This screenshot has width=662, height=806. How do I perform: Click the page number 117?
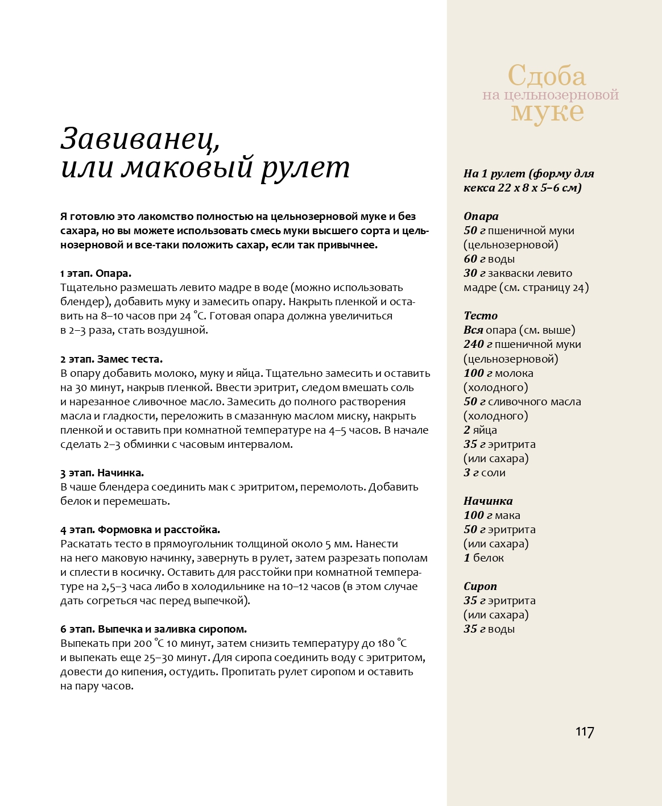pos(585,732)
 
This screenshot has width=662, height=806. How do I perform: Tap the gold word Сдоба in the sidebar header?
pos(547,76)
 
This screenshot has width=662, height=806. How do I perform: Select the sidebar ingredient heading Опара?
pos(481,216)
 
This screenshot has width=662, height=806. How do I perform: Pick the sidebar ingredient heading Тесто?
pos(480,315)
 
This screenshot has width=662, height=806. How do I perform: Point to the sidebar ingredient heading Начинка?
pos(488,501)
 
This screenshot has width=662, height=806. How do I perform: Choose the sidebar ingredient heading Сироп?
pos(480,586)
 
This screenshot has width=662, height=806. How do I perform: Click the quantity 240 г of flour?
pos(477,344)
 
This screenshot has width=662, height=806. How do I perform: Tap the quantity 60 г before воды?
pos(474,259)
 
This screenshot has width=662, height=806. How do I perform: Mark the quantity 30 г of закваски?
pos(474,273)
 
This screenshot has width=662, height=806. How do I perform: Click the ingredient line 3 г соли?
pos(484,473)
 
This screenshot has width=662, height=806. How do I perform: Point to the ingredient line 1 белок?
pos(483,558)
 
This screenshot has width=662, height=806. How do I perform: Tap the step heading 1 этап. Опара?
pos(96,273)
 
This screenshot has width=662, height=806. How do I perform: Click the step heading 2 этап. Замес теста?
pos(111,359)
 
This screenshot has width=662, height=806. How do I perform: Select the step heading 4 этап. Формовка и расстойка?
pos(140,530)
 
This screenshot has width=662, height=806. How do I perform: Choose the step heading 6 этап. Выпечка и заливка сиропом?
pos(154,629)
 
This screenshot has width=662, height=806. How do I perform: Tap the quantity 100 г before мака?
pos(477,516)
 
